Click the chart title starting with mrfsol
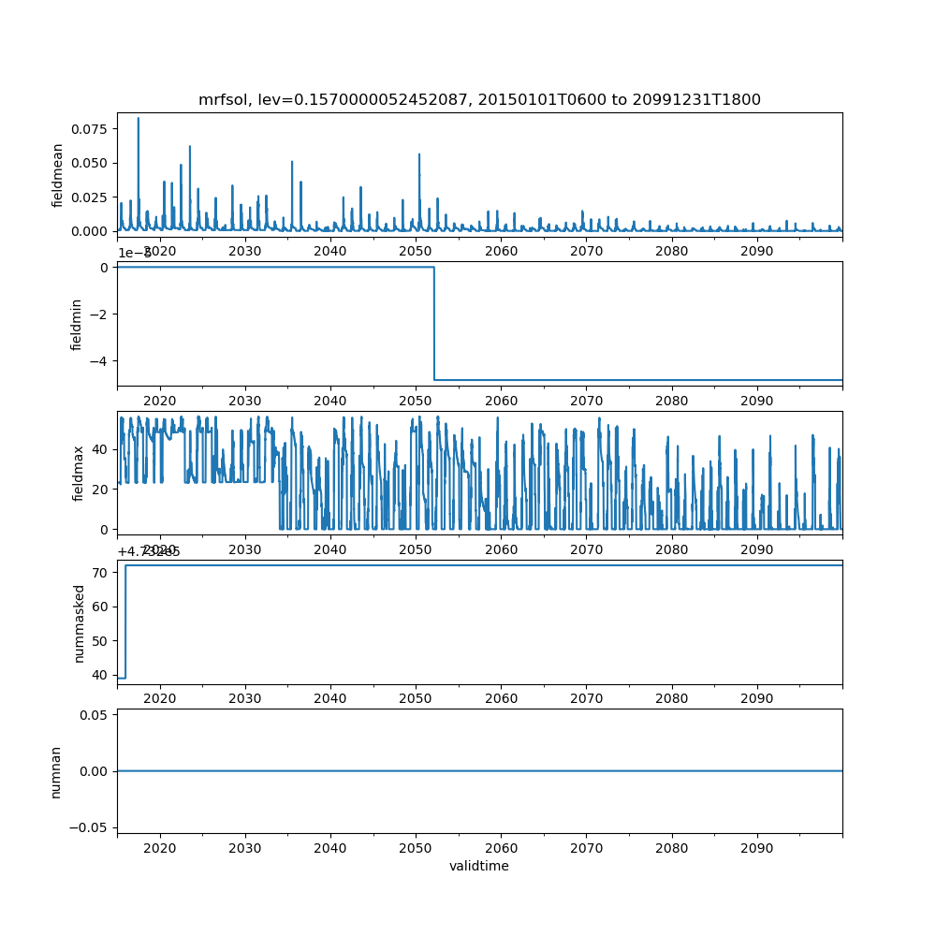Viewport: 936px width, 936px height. [x=479, y=99]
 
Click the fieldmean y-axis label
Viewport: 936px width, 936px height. [x=58, y=175]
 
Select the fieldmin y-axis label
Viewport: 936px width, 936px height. [x=77, y=324]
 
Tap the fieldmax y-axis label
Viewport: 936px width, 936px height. [x=79, y=474]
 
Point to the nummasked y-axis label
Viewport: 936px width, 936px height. [x=80, y=622]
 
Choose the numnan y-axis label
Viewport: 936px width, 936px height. [x=56, y=771]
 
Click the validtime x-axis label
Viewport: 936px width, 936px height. [x=479, y=866]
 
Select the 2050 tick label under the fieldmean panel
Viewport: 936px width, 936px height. [x=416, y=251]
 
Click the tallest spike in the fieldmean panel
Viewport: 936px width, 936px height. [x=139, y=120]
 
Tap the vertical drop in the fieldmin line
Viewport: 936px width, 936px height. [x=434, y=323]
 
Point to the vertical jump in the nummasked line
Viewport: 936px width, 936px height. [x=125, y=621]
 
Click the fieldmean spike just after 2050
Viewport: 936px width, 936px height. [x=419, y=155]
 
